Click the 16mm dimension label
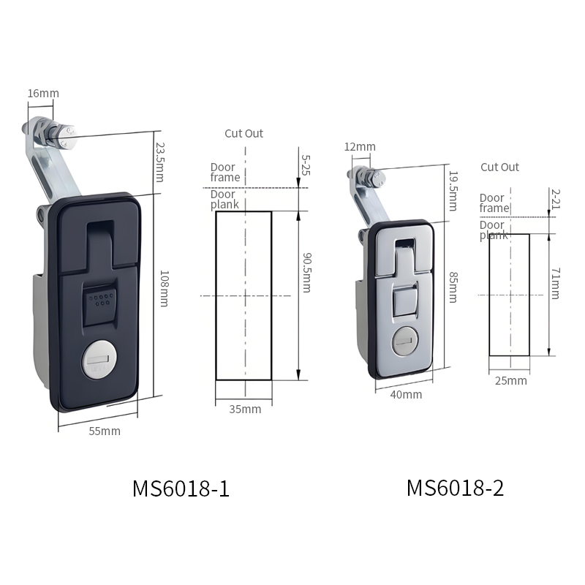tap(43, 94)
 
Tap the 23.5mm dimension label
tap(160, 162)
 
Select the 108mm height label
tap(164, 289)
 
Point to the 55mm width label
tap(105, 431)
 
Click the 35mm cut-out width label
tap(245, 409)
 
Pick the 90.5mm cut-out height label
tap(306, 273)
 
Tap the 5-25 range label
tap(306, 165)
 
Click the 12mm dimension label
tap(360, 147)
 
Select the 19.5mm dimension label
tap(453, 191)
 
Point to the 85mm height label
tap(453, 287)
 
